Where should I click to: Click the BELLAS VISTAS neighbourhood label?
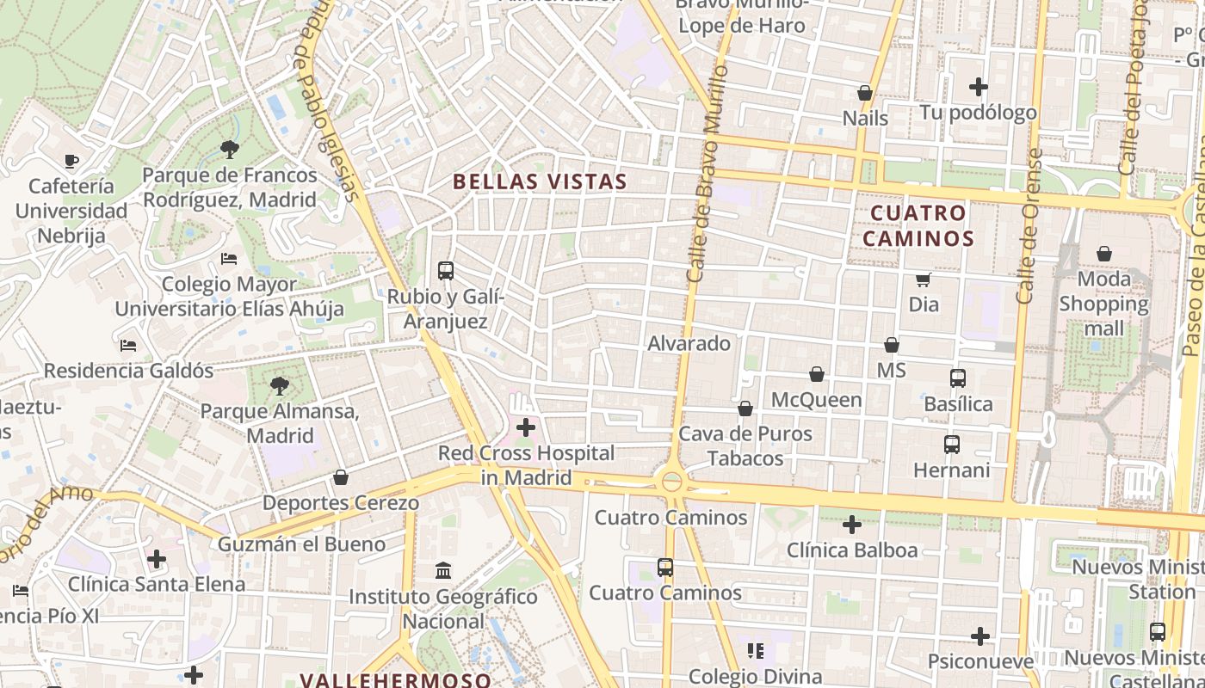point(540,181)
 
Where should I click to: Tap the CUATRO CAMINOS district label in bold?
point(918,225)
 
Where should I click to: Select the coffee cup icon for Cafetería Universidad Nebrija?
point(71,161)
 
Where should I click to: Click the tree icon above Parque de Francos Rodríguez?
point(229,150)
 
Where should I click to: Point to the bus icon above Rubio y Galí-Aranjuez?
point(445,271)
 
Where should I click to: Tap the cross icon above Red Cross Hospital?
point(525,427)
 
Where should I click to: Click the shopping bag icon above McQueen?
point(816,374)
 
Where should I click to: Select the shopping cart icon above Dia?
point(923,279)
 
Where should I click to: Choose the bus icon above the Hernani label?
point(951,445)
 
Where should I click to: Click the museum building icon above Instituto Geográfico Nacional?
point(443,570)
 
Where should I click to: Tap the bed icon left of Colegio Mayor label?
point(228,258)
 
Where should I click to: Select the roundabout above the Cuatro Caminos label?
point(671,482)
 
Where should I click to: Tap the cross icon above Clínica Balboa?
point(851,524)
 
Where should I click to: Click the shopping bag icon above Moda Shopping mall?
point(1103,254)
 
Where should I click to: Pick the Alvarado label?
point(689,343)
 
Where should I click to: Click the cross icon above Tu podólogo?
point(978,87)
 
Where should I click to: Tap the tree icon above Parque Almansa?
point(279,386)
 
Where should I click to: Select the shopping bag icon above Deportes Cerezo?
point(341,477)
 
